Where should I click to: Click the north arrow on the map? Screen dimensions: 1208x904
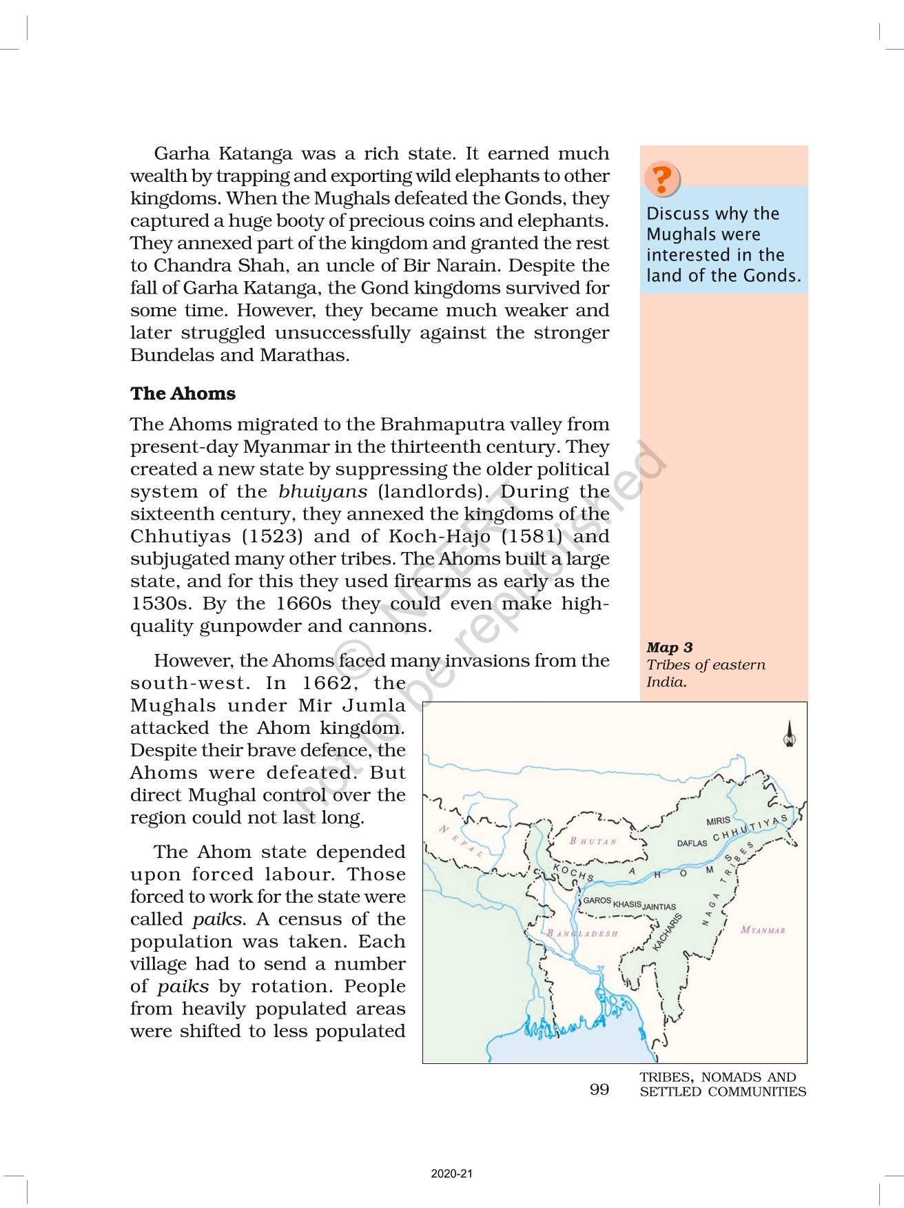(x=790, y=735)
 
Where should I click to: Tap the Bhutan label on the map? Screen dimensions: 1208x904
(x=593, y=841)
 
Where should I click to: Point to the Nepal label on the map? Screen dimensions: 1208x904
(x=462, y=841)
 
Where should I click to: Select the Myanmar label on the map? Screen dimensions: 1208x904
(x=763, y=930)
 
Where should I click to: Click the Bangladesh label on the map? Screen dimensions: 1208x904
(x=583, y=934)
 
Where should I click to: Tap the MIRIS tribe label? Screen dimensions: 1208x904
(x=718, y=821)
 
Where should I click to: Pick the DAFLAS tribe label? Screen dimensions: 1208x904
(x=692, y=843)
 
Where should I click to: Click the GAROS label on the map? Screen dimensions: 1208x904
(x=597, y=901)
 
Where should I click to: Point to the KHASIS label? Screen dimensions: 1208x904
(x=627, y=904)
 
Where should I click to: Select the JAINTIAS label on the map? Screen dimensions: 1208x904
(x=659, y=907)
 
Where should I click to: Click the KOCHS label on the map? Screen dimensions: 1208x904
(x=573, y=873)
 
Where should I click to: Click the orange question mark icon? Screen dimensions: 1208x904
(x=661, y=179)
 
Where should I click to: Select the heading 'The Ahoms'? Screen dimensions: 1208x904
(x=183, y=393)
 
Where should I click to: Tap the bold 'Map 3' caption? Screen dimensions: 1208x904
(x=669, y=647)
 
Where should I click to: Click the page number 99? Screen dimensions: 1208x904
(x=599, y=1089)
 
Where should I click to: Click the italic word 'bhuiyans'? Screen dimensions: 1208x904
(x=322, y=491)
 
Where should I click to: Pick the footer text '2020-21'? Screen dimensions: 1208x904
(x=452, y=1174)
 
